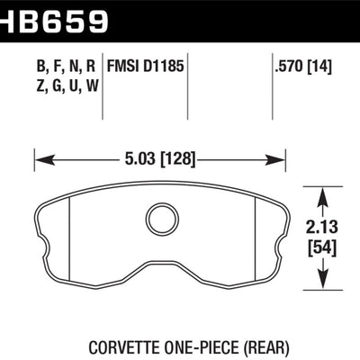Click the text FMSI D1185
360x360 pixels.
(148, 66)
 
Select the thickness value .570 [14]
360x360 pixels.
(305, 66)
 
